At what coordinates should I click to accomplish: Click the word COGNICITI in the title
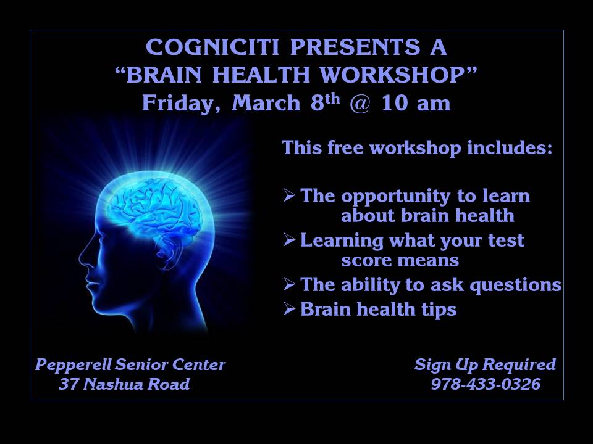point(212,47)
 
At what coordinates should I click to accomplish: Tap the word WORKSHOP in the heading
point(393,75)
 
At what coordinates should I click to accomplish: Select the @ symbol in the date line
point(360,103)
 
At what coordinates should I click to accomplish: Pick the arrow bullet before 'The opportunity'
point(289,195)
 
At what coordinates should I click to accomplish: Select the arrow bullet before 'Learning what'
point(289,240)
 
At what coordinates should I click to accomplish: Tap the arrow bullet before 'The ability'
point(289,284)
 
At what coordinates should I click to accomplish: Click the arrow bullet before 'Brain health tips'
point(289,309)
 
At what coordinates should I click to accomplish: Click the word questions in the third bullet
point(515,286)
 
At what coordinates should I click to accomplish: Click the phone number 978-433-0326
point(486,384)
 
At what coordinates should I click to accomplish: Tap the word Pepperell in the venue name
point(74,365)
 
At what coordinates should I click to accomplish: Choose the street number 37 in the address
point(69,384)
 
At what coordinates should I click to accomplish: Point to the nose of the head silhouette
point(82,260)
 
